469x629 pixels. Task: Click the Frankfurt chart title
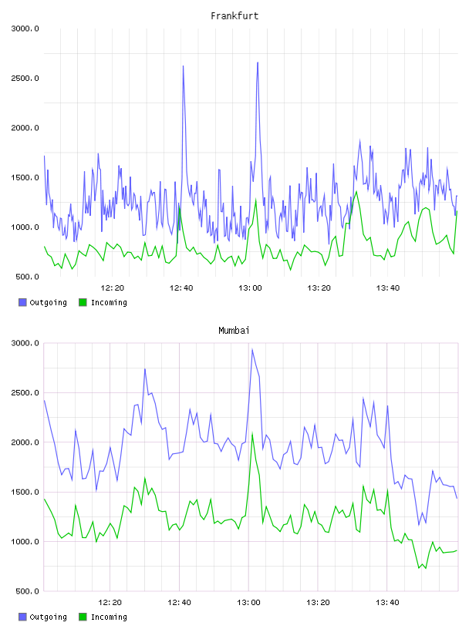coord(235,16)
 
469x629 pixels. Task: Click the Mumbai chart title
coord(234,331)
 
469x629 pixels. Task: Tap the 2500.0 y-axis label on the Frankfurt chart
coord(25,78)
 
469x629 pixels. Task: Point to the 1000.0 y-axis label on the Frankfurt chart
coord(25,227)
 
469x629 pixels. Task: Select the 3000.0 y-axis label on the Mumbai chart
coord(25,343)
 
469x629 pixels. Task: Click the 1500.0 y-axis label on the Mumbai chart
coord(25,492)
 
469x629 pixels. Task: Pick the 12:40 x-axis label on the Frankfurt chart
coord(181,288)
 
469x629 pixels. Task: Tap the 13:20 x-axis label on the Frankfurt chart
coord(319,288)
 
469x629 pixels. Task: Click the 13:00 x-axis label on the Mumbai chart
coord(248,602)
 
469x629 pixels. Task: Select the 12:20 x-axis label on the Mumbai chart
coord(110,602)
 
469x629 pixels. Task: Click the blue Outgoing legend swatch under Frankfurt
coord(22,302)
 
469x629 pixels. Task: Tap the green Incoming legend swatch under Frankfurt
coord(83,302)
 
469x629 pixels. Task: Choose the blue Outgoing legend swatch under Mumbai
coord(22,617)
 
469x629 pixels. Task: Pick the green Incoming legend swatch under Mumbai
coord(83,617)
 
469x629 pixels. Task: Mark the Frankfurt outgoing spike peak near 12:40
coord(183,66)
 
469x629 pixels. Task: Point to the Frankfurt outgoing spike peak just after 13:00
coord(258,62)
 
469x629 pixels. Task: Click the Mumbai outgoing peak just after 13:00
coord(252,349)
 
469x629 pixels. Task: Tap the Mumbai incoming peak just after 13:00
coord(252,433)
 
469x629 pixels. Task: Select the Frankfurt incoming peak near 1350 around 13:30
coord(356,192)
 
